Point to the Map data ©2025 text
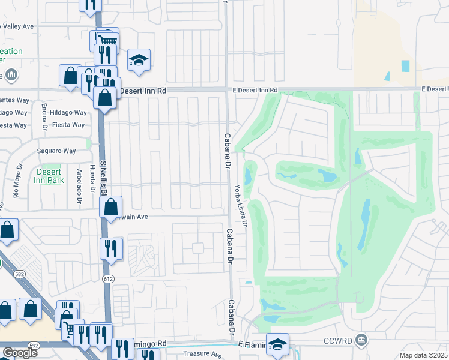coord(424,355)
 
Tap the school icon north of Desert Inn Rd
coord(139,60)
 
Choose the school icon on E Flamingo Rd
coord(278,344)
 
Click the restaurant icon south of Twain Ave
coord(111,248)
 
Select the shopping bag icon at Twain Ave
coord(111,208)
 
